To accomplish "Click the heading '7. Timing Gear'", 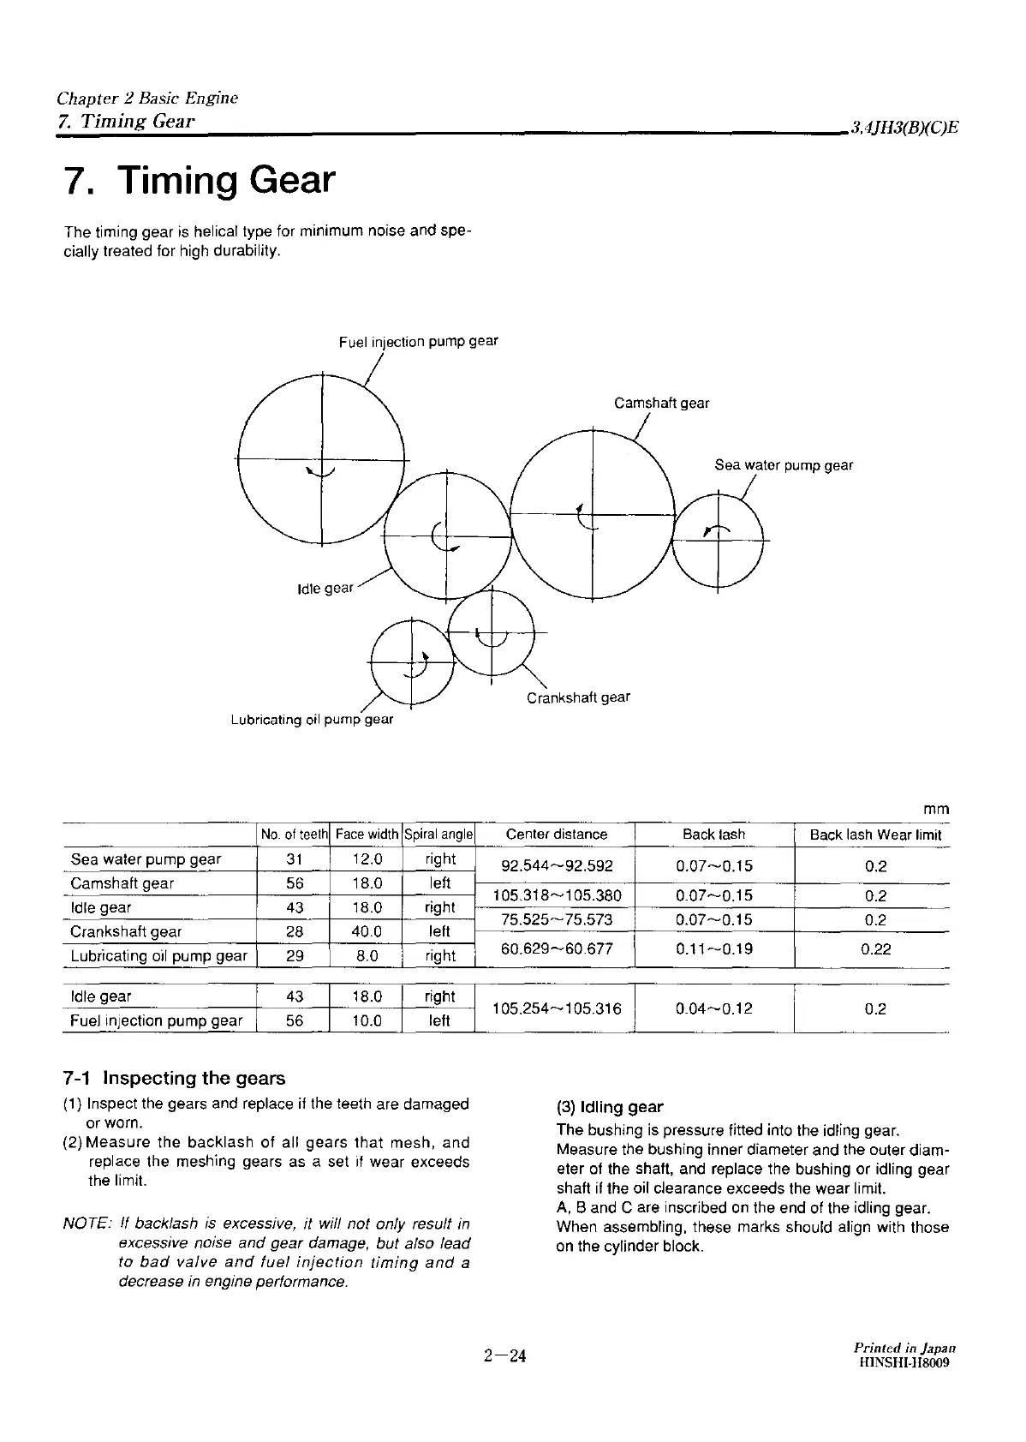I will [200, 181].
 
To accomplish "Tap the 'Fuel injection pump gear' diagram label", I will [418, 342].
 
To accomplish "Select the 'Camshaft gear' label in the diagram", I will [661, 403].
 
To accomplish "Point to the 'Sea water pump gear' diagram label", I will [784, 465].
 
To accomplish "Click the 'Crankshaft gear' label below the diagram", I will [578, 697].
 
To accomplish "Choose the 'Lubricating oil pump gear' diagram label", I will [312, 720].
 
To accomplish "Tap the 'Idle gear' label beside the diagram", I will [325, 589].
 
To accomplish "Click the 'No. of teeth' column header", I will [294, 835].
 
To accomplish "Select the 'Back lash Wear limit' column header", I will [875, 835].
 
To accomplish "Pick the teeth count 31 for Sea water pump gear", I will [294, 859].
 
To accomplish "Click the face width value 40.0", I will [367, 931].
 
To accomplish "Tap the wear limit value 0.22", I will [875, 948].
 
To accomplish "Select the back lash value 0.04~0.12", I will [714, 1008].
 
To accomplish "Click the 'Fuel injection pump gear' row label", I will [157, 1020].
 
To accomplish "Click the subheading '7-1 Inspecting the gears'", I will [175, 1078].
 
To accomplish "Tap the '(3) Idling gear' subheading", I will [610, 1107].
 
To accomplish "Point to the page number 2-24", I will [504, 1355].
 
